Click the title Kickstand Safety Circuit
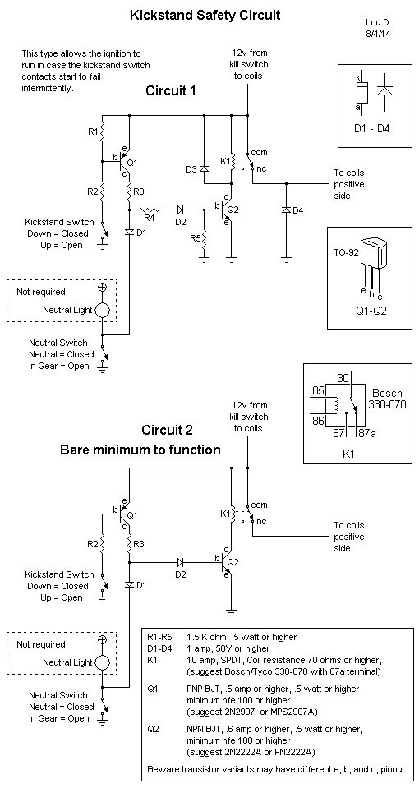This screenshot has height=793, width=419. point(205,15)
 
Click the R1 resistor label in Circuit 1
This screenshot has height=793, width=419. point(93,132)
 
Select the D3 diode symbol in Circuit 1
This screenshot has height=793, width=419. point(205,169)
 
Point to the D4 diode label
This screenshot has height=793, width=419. point(299,210)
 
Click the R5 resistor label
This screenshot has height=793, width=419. point(195,238)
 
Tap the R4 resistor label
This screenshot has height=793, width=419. point(149,219)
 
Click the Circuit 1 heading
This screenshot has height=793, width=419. point(171,91)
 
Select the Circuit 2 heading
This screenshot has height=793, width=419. point(167,431)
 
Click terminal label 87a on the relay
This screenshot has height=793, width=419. point(366,434)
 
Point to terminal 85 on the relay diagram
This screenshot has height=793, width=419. point(320,390)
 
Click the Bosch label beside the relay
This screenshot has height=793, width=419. point(387,393)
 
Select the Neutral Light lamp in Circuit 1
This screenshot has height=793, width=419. point(103,310)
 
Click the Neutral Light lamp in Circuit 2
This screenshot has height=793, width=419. point(103,662)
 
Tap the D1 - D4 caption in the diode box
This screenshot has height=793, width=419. point(371,128)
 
